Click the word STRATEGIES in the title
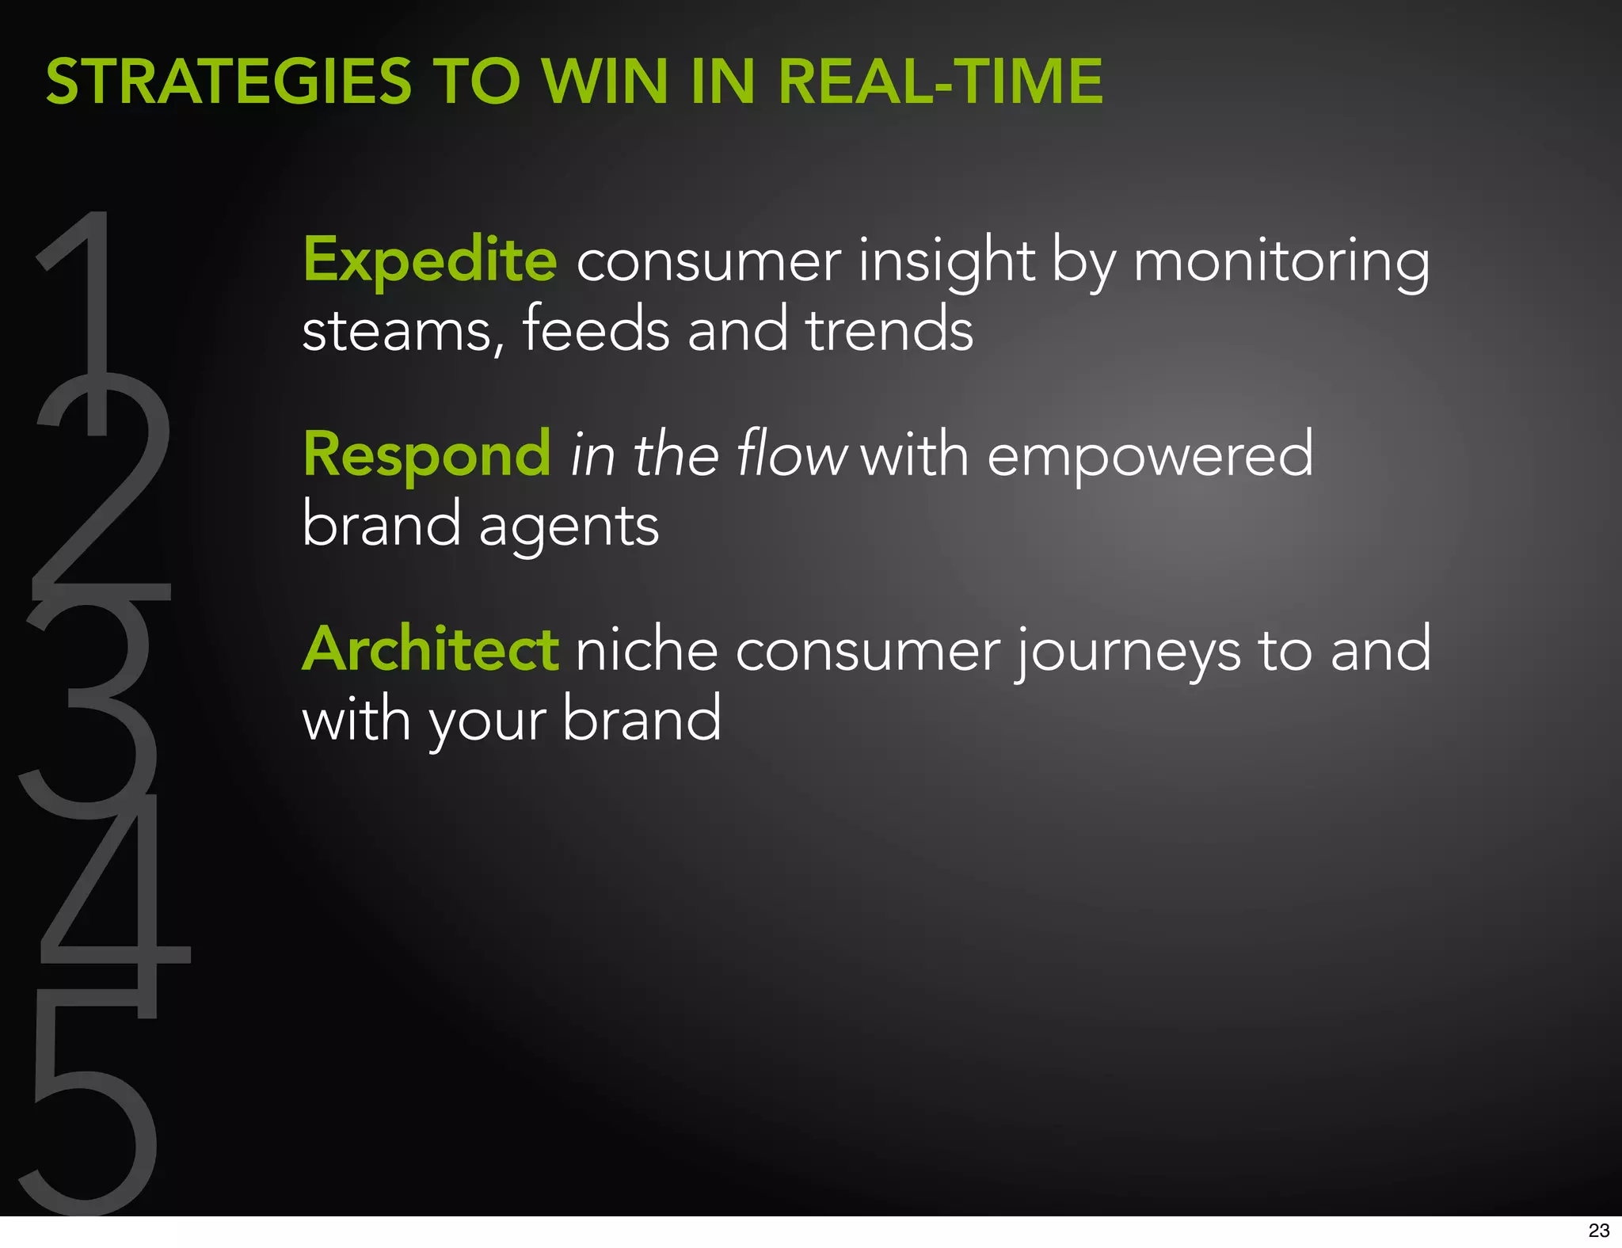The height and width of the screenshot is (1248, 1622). point(229,82)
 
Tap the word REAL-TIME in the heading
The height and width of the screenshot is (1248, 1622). point(940,82)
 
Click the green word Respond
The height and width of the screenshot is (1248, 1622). point(427,455)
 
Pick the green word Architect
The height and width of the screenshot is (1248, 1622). point(431,649)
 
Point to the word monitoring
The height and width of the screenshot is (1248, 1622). point(1281,261)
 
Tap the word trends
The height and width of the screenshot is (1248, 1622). point(889,330)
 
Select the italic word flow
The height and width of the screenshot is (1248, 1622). point(791,455)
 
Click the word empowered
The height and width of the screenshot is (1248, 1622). point(1150,456)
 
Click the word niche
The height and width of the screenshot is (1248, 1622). point(646,649)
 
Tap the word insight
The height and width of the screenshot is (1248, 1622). point(946,261)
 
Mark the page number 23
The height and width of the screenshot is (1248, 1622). point(1598,1230)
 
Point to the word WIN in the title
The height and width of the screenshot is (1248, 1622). point(604,82)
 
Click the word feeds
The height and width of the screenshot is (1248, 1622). point(596,330)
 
